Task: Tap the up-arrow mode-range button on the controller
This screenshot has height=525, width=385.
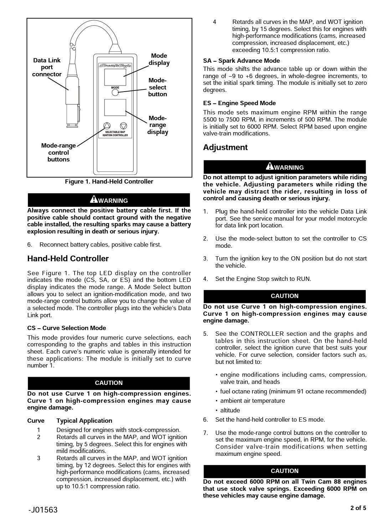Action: (107, 126)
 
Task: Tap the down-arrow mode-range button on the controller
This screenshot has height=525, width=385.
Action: (123, 126)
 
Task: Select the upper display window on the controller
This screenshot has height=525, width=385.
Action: (115, 77)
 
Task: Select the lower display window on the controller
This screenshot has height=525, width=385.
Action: (115, 107)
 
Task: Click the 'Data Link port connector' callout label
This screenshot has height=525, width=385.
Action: (47, 67)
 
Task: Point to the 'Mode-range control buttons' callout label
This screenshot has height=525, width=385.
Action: (58, 153)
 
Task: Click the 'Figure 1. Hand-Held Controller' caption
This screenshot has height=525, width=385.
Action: (109, 182)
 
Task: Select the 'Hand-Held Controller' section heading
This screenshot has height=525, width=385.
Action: (68, 259)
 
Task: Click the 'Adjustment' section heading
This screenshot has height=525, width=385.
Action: (225, 148)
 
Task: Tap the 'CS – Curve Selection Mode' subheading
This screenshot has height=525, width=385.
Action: (67, 328)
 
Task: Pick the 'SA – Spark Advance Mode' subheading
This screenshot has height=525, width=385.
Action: (241, 61)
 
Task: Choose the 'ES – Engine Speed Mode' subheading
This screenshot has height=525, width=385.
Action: (239, 103)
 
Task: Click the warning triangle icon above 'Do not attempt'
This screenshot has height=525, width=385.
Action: (269, 166)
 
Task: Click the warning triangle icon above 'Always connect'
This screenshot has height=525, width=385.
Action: (94, 200)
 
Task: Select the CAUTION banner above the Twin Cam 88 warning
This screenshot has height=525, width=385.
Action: (284, 471)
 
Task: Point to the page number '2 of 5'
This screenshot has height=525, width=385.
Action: (358, 508)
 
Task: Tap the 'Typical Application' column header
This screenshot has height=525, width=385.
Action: (84, 421)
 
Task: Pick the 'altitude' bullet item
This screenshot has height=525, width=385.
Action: (230, 410)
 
